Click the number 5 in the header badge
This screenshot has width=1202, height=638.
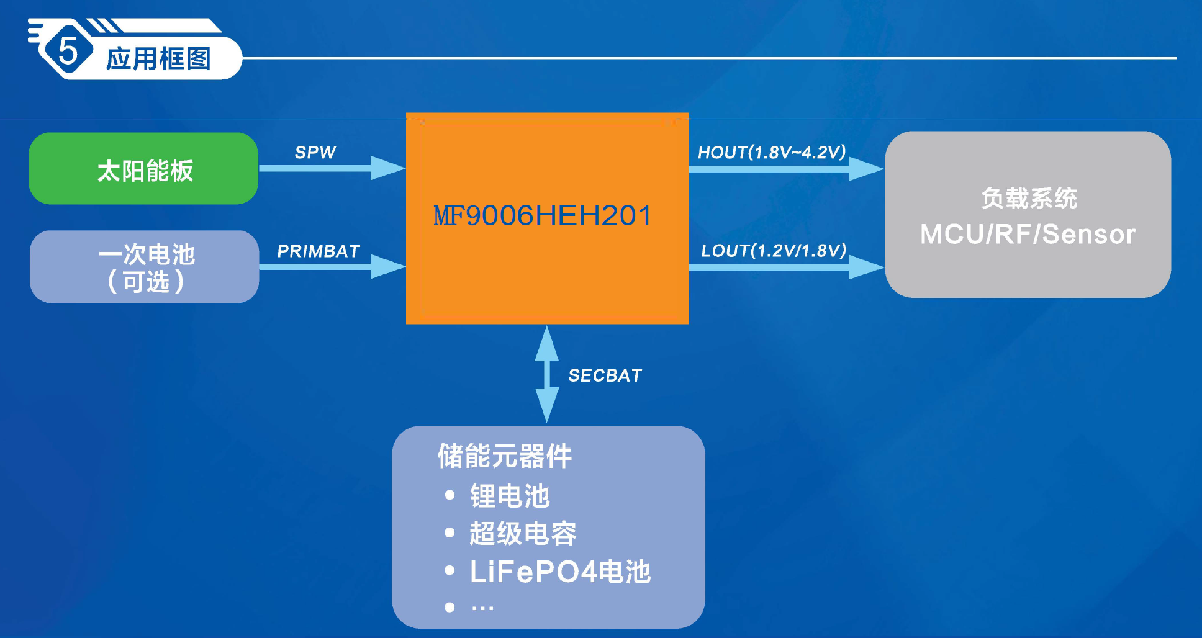click(x=68, y=50)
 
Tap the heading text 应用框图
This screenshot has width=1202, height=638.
click(x=158, y=59)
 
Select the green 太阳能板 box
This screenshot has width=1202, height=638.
click(x=144, y=169)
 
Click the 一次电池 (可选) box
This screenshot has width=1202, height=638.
click(x=145, y=267)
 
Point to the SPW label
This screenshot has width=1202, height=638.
click(x=315, y=152)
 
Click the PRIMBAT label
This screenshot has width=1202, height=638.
click(x=318, y=251)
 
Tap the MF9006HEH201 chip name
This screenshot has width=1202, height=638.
click(x=543, y=216)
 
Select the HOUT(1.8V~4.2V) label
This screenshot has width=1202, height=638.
click(x=772, y=152)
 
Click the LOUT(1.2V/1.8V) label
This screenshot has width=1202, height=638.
click(x=774, y=251)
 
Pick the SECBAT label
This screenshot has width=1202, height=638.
click(x=605, y=375)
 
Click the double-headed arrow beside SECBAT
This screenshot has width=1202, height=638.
click(x=546, y=374)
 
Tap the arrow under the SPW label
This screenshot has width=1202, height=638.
click(x=332, y=168)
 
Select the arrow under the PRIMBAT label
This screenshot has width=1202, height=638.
click(x=332, y=267)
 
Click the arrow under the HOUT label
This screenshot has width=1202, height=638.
click(x=786, y=169)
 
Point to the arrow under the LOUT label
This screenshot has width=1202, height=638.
click(x=786, y=267)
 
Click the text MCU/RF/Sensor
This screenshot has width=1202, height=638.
click(x=1028, y=234)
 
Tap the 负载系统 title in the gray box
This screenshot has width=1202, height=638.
click(x=1029, y=199)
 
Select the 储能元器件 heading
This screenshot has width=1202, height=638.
click(x=504, y=456)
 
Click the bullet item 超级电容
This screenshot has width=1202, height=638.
click(x=523, y=533)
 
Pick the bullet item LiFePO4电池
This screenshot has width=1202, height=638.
click(x=560, y=572)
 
